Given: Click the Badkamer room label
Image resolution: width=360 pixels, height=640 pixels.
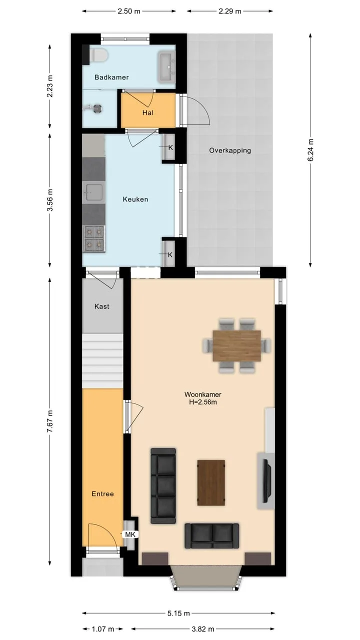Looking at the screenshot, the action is click(111, 77).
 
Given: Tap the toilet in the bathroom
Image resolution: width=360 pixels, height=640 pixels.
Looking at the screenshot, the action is click(97, 55).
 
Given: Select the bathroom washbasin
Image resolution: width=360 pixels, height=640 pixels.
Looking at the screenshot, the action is click(166, 67).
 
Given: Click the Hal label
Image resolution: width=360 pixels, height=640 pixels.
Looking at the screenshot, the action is click(147, 113).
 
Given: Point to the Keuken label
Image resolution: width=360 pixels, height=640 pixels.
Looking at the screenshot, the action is click(135, 199).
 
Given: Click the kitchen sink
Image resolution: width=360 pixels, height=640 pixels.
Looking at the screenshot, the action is click(93, 192).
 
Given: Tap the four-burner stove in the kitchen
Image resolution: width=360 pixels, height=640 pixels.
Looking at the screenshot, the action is click(93, 239).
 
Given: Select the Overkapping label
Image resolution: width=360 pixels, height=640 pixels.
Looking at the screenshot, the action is click(230, 150).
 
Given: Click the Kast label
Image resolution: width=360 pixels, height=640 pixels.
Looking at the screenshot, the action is click(101, 306).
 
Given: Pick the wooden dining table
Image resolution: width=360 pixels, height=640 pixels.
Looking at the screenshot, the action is click(236, 345).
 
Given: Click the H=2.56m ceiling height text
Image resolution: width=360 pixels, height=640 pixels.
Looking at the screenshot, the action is click(203, 402).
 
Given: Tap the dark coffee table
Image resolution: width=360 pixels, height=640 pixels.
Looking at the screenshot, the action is click(211, 482).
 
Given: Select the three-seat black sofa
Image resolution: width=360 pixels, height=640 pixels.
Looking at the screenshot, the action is click(163, 485).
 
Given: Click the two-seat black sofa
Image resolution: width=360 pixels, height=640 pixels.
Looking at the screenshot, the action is click(211, 535).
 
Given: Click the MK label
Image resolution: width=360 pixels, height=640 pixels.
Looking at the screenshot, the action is click(130, 534).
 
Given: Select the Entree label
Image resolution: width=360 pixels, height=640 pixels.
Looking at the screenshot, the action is click(102, 494).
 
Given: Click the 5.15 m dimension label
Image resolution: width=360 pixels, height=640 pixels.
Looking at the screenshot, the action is click(178, 613).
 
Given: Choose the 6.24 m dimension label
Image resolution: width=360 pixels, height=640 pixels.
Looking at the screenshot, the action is click(310, 150).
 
